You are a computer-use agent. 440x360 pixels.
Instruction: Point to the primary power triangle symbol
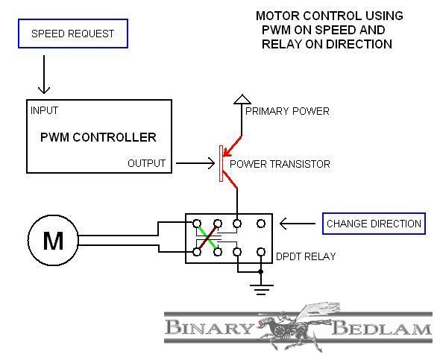[242, 100]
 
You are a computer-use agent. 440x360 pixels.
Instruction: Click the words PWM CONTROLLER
[98, 137]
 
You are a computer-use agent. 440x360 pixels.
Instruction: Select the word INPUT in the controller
[44, 110]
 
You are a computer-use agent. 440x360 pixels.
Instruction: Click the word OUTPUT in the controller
[146, 163]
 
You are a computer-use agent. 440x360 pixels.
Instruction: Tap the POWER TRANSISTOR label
[280, 164]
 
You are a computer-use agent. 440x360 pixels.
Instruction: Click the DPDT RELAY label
[306, 256]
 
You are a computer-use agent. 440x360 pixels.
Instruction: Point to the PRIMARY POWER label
[287, 111]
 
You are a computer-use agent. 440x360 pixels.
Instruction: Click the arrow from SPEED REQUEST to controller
[44, 75]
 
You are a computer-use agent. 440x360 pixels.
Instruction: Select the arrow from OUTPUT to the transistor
[195, 163]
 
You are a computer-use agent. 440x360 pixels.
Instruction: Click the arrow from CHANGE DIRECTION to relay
[298, 224]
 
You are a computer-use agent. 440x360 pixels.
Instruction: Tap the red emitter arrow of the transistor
[232, 146]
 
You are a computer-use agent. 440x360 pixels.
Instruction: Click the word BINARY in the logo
[209, 327]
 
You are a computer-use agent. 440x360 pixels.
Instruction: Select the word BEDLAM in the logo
[382, 328]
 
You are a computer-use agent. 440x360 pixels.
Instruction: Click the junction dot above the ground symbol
[261, 272]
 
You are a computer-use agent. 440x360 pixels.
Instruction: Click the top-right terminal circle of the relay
[261, 224]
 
